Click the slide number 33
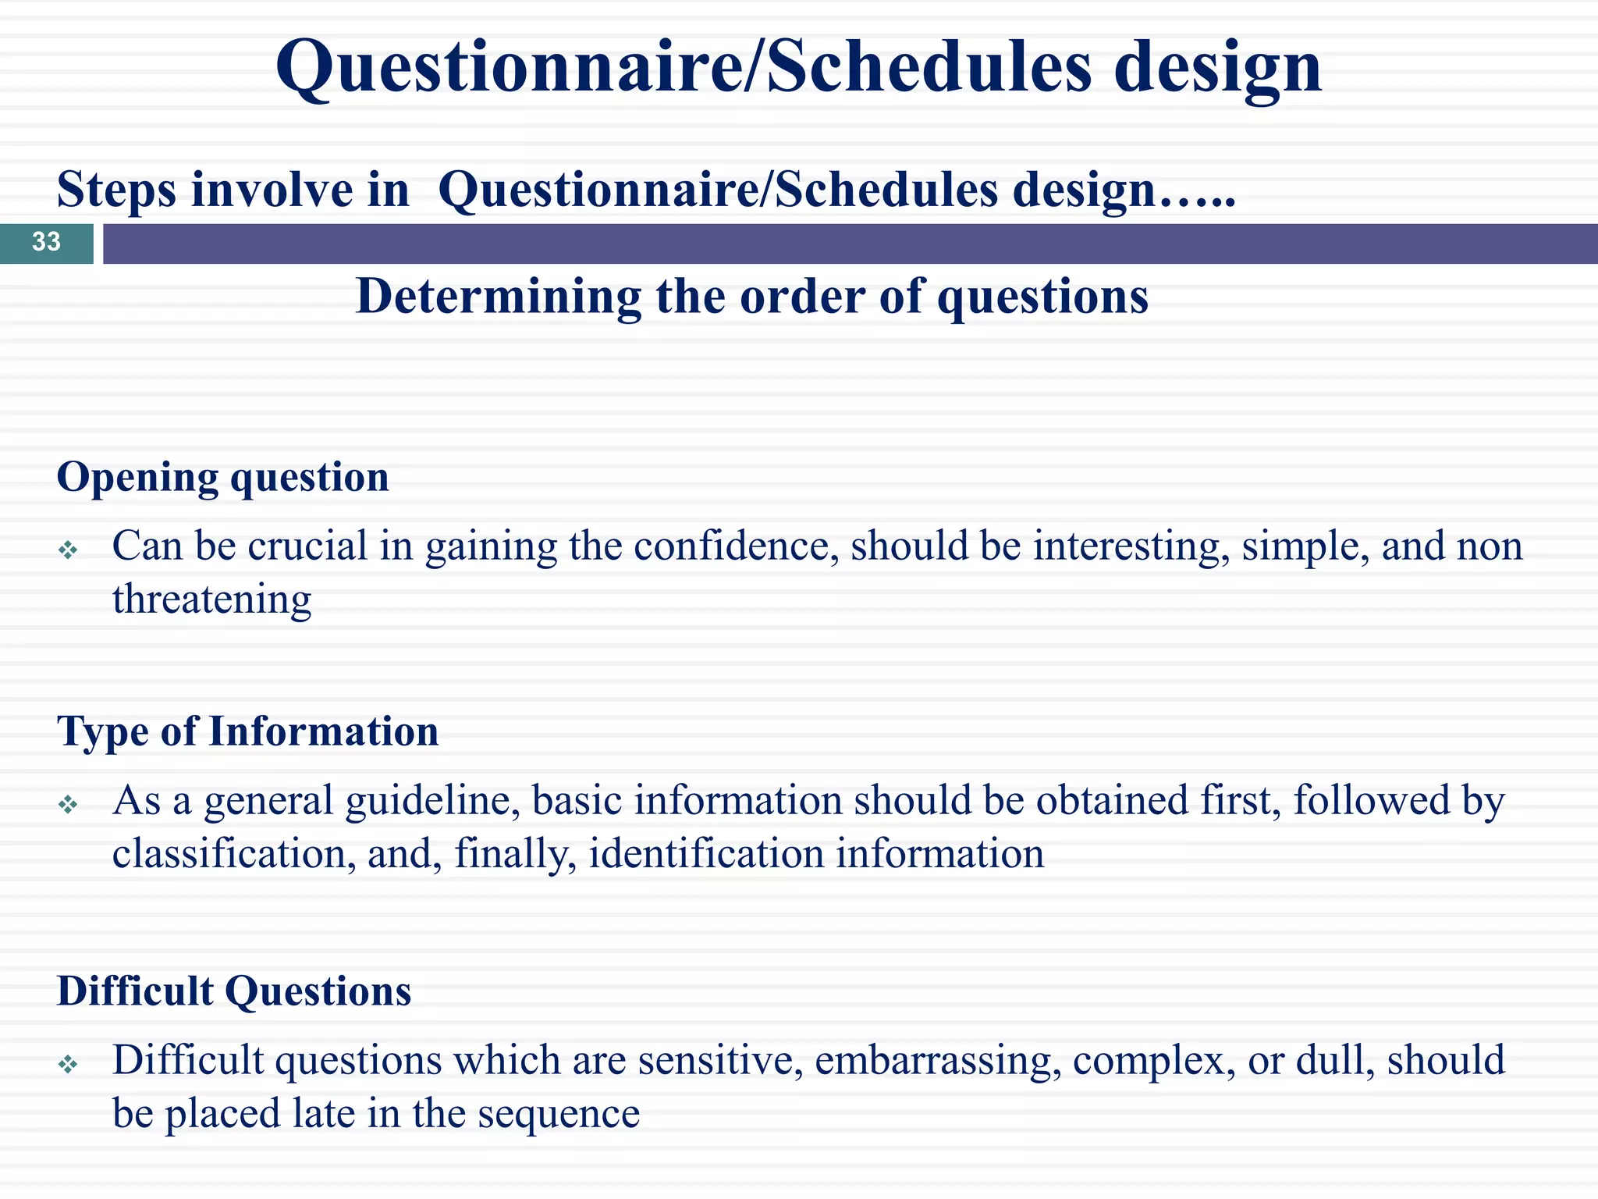(46, 242)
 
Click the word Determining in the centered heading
(498, 297)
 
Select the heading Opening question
(222, 477)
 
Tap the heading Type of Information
(247, 732)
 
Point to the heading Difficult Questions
(234, 991)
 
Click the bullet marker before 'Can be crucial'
(69, 551)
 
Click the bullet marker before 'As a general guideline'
(69, 805)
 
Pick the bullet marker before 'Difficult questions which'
(69, 1064)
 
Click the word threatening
(211, 599)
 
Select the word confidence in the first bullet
(736, 546)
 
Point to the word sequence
(559, 1114)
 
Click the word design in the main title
(1217, 69)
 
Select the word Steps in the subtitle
(117, 190)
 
